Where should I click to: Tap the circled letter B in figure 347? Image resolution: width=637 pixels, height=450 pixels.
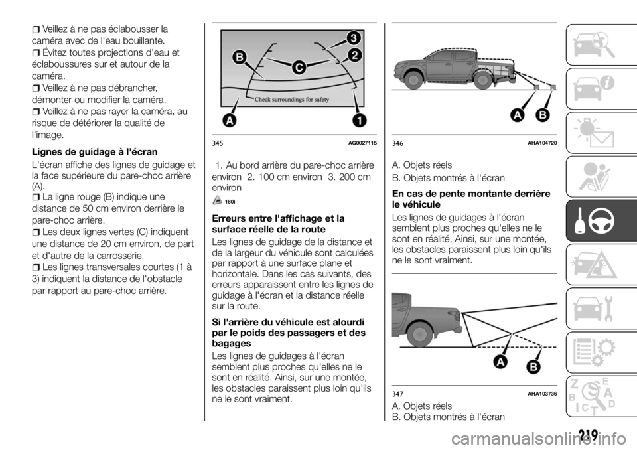coord(533,368)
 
